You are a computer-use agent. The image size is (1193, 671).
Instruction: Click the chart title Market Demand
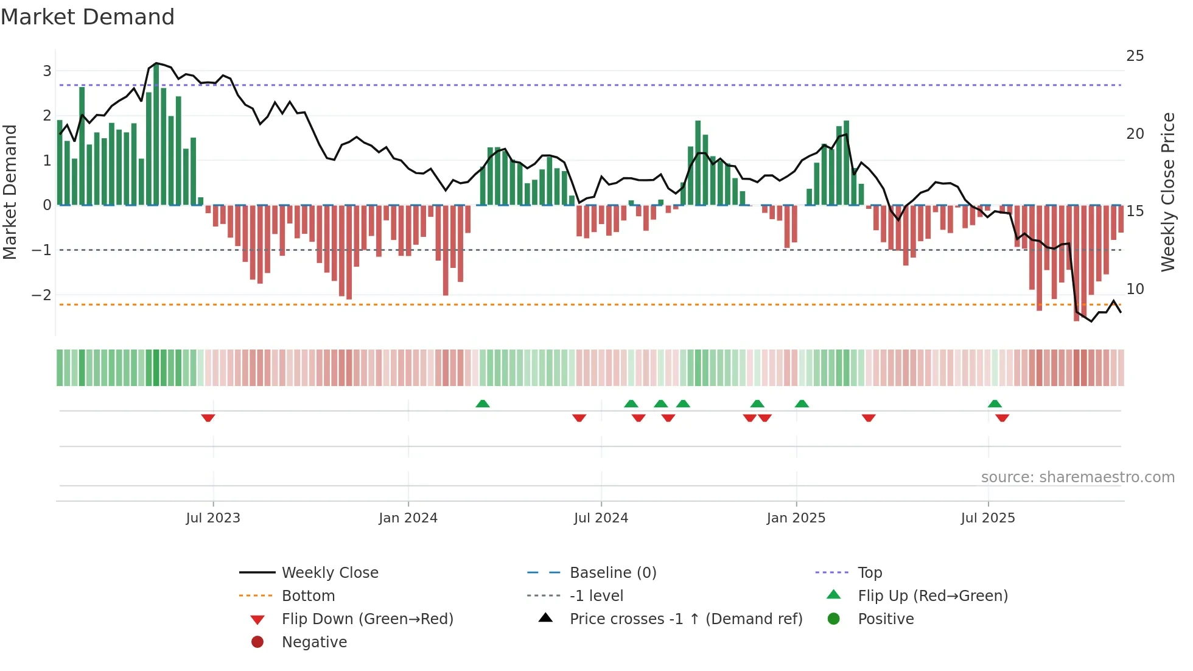coord(88,17)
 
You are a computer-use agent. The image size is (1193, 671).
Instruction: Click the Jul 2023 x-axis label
coord(213,518)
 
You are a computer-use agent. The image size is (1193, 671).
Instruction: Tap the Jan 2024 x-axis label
coord(408,518)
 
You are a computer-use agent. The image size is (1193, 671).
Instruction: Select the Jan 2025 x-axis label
coord(796,518)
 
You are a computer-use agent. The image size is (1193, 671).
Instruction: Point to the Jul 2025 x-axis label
coord(988,518)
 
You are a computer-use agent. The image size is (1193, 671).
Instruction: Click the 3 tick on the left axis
coord(47,71)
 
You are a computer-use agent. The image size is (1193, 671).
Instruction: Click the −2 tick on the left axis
coord(42,295)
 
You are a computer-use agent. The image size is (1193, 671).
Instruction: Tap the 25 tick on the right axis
coord(1135,56)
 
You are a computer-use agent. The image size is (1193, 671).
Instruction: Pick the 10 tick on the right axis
coord(1135,289)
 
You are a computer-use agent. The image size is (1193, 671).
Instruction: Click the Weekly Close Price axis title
coord(1167,192)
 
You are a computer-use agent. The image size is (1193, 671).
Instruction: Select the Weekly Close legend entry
coord(329,573)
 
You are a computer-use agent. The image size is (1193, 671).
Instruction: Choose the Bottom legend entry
coord(308,596)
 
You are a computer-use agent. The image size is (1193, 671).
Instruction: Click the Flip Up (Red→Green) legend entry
coord(932,596)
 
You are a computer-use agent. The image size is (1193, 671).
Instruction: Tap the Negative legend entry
coord(314,642)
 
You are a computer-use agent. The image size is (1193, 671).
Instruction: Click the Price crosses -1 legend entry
coord(685,619)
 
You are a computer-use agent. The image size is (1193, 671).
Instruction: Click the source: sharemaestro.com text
coord(1077,477)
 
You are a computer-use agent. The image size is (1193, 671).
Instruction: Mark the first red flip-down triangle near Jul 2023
coord(208,418)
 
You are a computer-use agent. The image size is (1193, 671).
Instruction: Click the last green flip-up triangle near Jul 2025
coord(995,404)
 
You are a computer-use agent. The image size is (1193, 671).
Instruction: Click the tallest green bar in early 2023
coord(156,134)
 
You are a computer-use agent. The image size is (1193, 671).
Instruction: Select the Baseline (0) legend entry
coord(612,573)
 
